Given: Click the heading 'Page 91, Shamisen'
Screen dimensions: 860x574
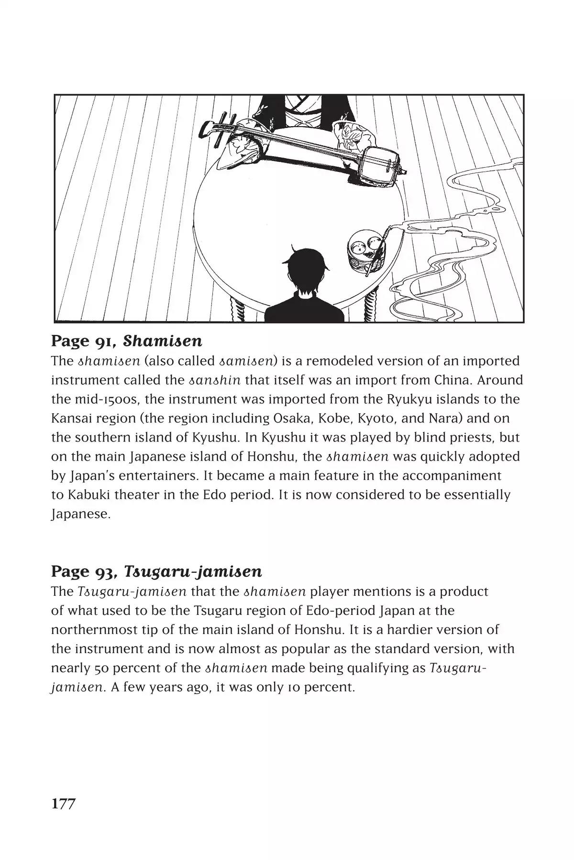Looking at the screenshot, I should [126, 341].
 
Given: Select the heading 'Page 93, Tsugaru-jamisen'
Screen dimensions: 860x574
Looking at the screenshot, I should [156, 571].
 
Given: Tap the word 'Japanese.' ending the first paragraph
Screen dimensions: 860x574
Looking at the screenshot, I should [81, 515].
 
